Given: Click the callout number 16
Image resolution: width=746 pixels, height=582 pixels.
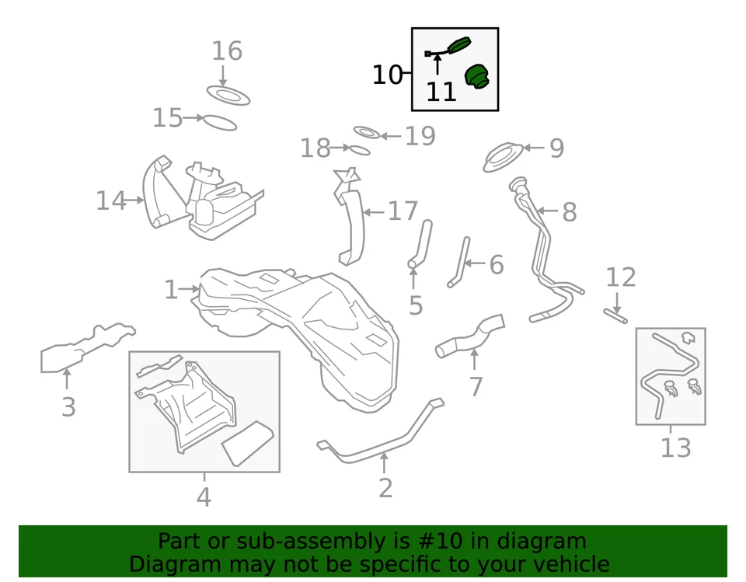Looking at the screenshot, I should (227, 51).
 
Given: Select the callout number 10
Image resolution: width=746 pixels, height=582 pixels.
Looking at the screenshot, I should (387, 75).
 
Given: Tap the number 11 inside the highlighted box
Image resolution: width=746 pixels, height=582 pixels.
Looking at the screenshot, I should (441, 92).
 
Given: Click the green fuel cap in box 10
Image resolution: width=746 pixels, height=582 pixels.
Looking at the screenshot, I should (476, 77).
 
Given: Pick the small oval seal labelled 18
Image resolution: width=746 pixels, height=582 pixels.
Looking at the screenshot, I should (359, 149).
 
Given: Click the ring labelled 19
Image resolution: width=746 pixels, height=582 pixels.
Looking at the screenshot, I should (366, 133).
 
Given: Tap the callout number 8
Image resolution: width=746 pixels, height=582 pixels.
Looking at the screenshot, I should (570, 212).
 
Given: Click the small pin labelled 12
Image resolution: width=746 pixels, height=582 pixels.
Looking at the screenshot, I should (615, 315).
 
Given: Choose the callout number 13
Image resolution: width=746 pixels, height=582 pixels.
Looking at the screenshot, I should (675, 448).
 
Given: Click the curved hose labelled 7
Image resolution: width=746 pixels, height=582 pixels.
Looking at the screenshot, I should (471, 336).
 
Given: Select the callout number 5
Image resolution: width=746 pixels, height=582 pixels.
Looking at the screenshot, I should (415, 305).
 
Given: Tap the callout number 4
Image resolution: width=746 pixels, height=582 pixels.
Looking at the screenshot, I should (204, 497).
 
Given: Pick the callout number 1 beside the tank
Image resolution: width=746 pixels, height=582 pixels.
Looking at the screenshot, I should (171, 291).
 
